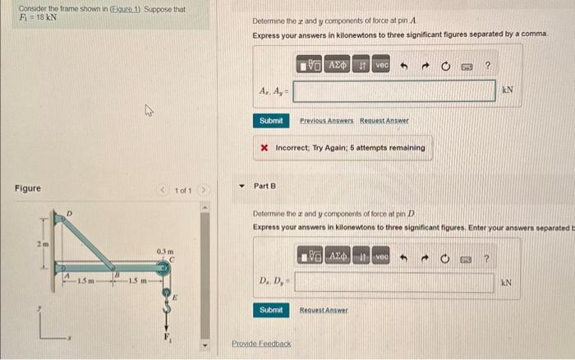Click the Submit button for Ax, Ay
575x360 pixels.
click(x=271, y=121)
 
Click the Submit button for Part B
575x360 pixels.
click(x=271, y=310)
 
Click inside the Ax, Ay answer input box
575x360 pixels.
click(x=394, y=90)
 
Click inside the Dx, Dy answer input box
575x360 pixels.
click(x=394, y=282)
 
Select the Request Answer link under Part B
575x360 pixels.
click(x=323, y=310)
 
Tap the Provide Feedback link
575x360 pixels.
click(x=261, y=343)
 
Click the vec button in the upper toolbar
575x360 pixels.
click(x=381, y=63)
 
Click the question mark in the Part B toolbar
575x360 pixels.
click(x=488, y=257)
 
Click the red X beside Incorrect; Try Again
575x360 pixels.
click(x=264, y=148)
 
